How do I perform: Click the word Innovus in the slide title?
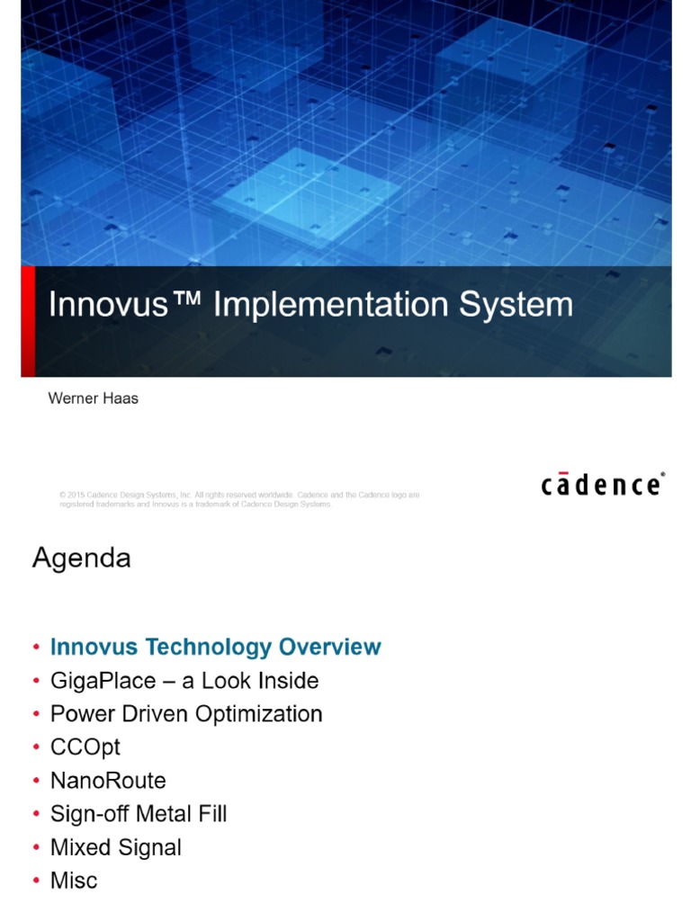click(108, 305)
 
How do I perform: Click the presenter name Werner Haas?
click(93, 398)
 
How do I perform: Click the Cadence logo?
click(602, 484)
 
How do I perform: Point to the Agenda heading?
click(82, 559)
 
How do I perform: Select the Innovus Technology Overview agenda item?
click(215, 647)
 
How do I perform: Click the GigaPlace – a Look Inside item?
click(184, 681)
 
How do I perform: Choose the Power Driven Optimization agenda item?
click(185, 714)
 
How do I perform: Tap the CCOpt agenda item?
click(85, 747)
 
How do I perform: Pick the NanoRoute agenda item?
click(108, 781)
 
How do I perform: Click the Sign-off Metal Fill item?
click(139, 814)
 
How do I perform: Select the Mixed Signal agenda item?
click(115, 847)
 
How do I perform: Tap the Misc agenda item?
click(74, 881)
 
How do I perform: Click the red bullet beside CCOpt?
click(36, 748)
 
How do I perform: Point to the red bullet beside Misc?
click(36, 881)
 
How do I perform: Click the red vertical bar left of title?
click(28, 321)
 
